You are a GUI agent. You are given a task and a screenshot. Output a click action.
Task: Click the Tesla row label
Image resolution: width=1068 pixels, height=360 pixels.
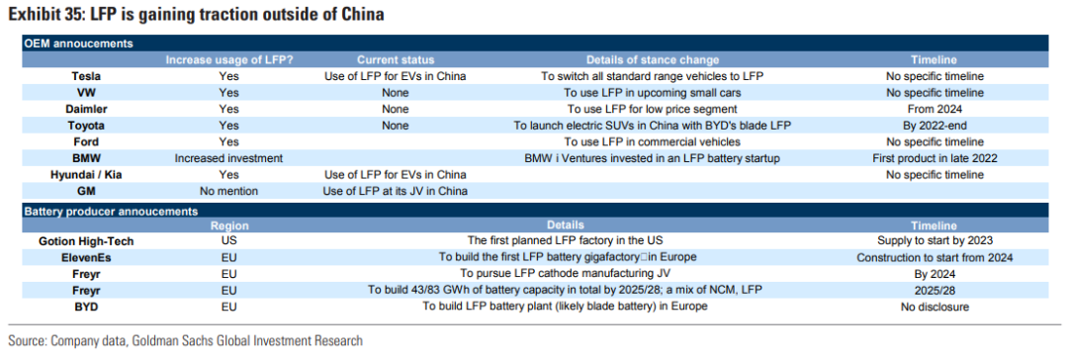(x=86, y=76)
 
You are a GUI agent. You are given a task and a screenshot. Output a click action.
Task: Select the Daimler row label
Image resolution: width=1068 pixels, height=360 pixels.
(x=86, y=109)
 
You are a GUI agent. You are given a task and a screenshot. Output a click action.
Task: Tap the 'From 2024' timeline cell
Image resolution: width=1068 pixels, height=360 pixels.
(x=934, y=109)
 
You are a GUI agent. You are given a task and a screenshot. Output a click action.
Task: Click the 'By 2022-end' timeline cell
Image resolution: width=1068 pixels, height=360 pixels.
(x=934, y=126)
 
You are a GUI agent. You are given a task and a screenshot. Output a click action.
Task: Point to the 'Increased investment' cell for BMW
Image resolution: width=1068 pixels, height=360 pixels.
(x=228, y=158)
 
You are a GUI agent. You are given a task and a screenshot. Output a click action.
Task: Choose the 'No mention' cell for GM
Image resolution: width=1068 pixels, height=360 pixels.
(x=228, y=191)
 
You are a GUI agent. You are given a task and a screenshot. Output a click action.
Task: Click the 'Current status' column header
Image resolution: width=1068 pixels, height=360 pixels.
(x=395, y=60)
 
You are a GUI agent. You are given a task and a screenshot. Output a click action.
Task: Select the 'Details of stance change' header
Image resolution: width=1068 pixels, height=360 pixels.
(x=652, y=60)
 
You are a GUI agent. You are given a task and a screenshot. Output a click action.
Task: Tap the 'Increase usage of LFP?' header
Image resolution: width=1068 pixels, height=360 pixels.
(x=229, y=60)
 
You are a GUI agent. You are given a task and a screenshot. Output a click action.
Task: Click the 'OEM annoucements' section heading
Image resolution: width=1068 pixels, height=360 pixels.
(x=78, y=44)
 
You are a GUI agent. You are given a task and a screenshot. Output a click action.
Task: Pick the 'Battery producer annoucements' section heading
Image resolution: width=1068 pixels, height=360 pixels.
(x=111, y=212)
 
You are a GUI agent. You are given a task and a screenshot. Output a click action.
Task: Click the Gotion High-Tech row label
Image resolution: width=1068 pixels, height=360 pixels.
(x=86, y=240)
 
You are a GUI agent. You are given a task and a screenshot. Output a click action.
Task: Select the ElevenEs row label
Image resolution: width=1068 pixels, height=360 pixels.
(x=86, y=257)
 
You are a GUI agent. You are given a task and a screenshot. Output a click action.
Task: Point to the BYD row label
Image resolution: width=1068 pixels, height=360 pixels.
(x=86, y=307)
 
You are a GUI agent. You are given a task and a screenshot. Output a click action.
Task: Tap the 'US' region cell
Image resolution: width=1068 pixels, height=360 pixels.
(x=228, y=240)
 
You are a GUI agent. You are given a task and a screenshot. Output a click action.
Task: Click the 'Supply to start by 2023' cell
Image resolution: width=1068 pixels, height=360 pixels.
(x=934, y=240)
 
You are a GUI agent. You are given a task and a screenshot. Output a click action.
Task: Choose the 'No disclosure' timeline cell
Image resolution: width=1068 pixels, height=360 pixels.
(x=934, y=307)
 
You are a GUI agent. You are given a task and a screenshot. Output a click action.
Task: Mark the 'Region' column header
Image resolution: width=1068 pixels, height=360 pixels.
(x=229, y=225)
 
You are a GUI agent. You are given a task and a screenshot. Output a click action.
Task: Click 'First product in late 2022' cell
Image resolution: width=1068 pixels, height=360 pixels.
(x=934, y=158)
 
